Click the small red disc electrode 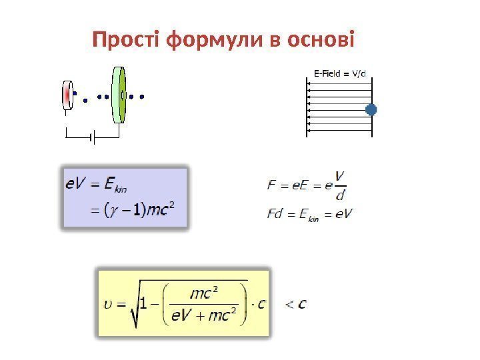pos(67,96)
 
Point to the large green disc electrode pos(119,95)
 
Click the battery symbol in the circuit pos(93,138)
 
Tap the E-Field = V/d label pos(340,72)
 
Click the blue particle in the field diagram pos(371,109)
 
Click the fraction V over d pos(341,185)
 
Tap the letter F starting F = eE pos(271,185)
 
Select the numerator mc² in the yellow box pos(205,293)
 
